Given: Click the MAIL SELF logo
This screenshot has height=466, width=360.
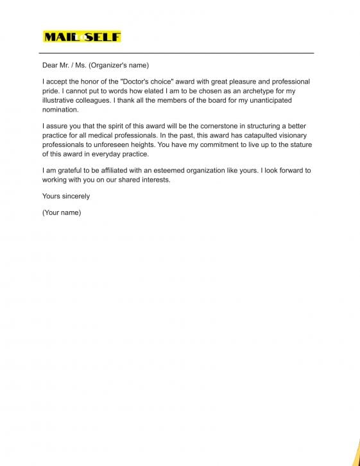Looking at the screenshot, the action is pos(81,37).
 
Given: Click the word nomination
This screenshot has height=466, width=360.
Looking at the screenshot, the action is pos(60,109).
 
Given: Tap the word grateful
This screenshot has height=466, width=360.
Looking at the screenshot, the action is pos(67,171).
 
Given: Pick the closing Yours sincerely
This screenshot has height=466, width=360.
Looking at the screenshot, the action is pos(66,196).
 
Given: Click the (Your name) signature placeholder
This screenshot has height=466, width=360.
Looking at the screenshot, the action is pos(62,212).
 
